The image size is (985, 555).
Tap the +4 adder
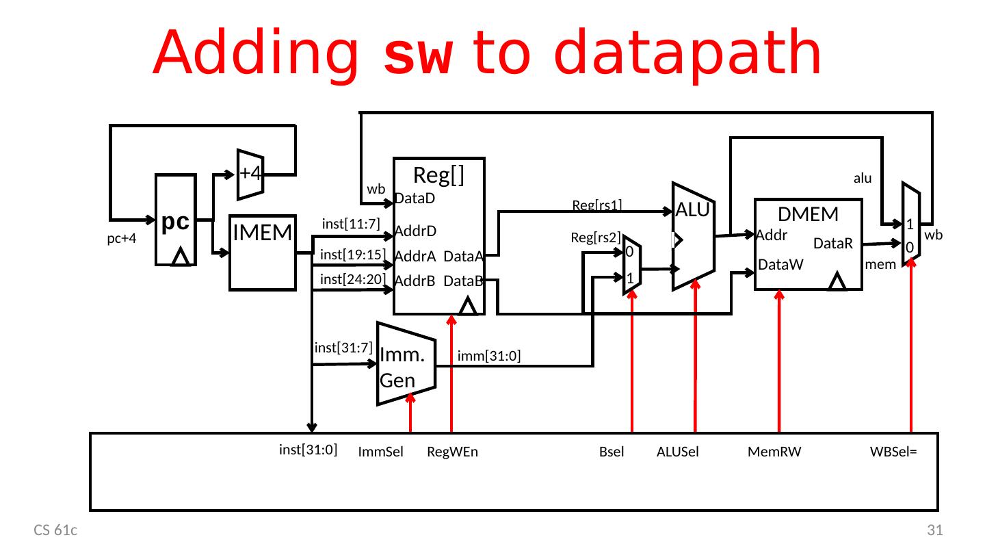point(250,173)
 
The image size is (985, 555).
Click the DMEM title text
point(808,214)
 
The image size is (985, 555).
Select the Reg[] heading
point(439,176)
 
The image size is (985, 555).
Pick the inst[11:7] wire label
point(350,223)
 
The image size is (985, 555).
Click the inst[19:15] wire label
point(353,255)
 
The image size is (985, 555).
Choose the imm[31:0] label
point(489,356)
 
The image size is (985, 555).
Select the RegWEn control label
point(452,452)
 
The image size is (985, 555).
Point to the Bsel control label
point(612,452)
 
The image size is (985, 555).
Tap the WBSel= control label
point(893,452)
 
